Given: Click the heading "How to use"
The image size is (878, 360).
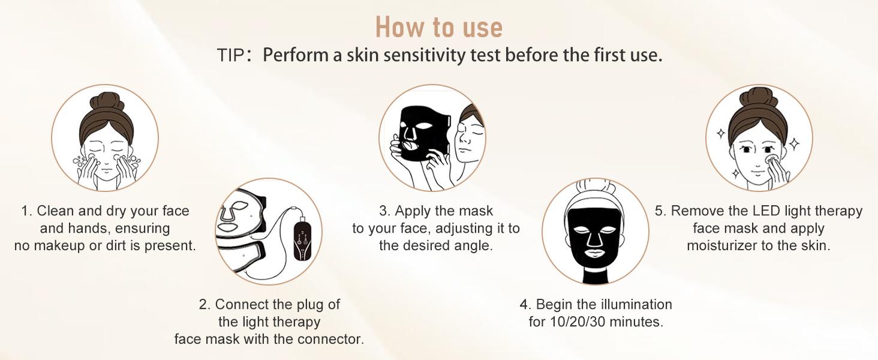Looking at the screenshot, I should [438, 27].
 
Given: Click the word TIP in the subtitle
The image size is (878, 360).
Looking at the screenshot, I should [230, 55].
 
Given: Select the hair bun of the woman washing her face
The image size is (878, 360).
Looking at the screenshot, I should [106, 102].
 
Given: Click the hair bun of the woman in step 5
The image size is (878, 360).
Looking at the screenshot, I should [759, 98].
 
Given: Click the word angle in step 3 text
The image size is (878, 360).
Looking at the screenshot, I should [475, 245].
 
